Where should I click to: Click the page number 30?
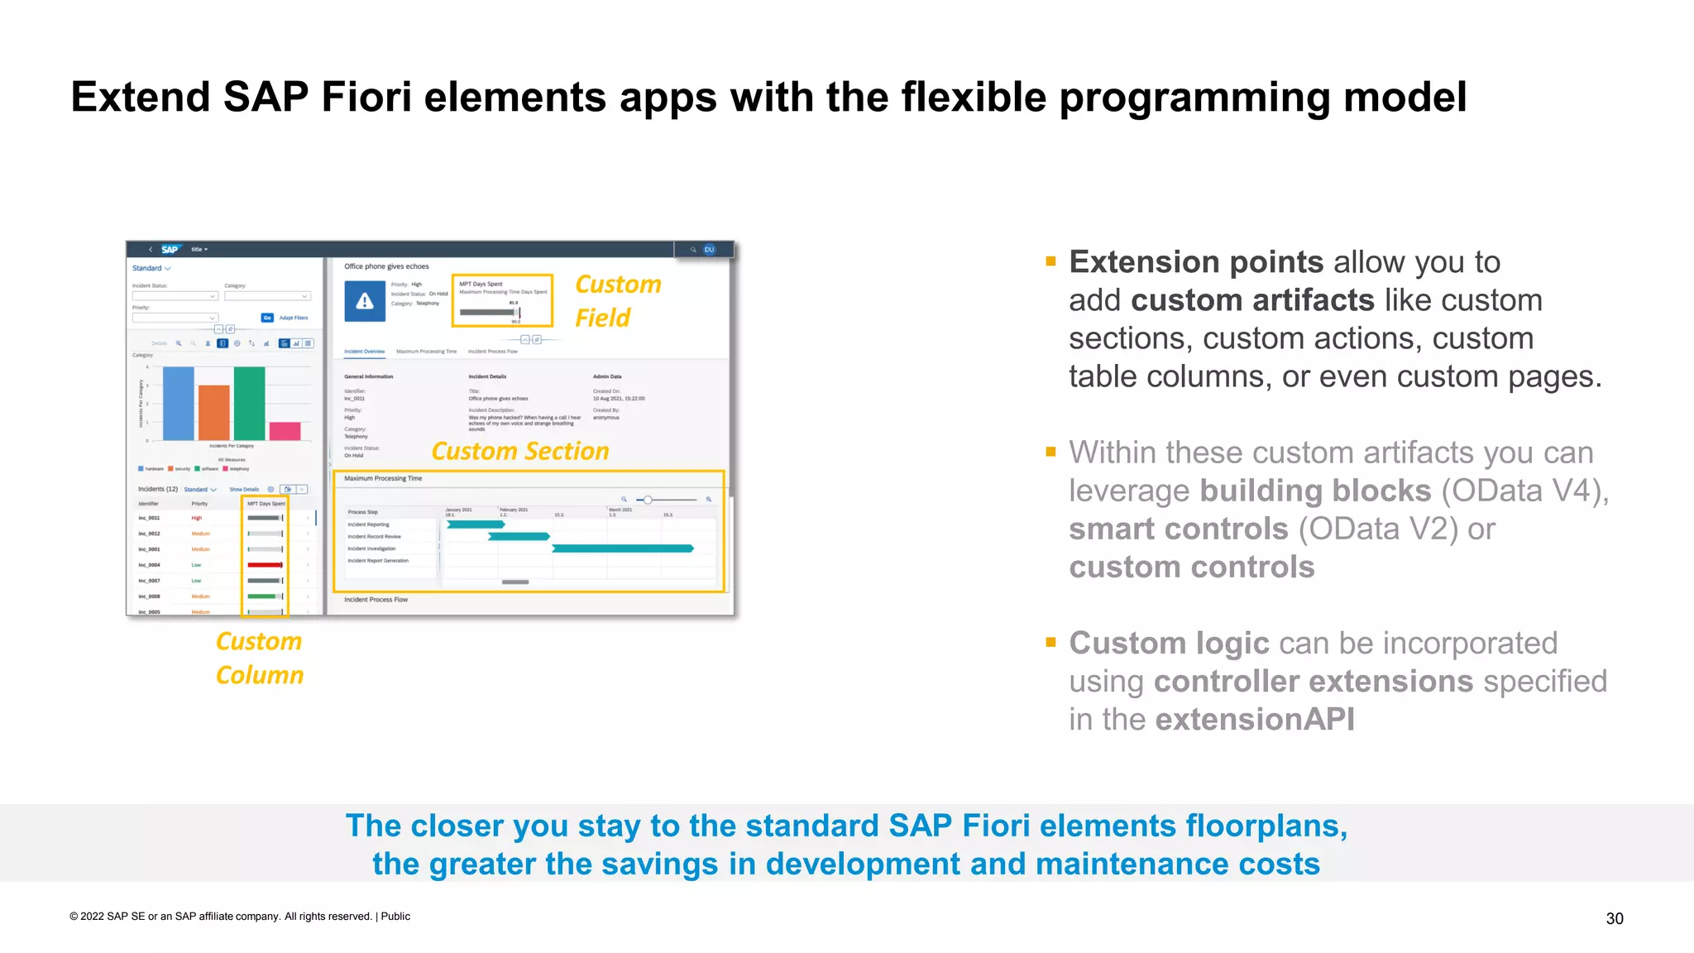tap(1614, 918)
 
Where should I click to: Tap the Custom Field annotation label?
tap(617, 301)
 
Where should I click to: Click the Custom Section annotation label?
tap(519, 451)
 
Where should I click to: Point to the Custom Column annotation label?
tap(259, 658)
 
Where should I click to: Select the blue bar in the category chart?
tap(178, 404)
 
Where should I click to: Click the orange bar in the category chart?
tap(213, 413)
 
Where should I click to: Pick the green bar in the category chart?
tap(249, 404)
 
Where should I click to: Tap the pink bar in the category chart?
tap(285, 431)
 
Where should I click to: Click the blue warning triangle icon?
tap(365, 301)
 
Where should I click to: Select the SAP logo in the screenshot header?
tap(170, 249)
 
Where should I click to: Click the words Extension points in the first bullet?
tap(1196, 262)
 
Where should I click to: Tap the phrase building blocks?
tap(1314, 491)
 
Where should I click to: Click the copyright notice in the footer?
tap(240, 916)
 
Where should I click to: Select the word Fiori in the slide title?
tap(366, 97)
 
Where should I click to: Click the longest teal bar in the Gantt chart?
tap(622, 548)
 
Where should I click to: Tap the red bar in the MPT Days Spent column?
tap(265, 565)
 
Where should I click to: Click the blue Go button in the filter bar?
tap(267, 318)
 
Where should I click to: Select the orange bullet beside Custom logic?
tap(1050, 642)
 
